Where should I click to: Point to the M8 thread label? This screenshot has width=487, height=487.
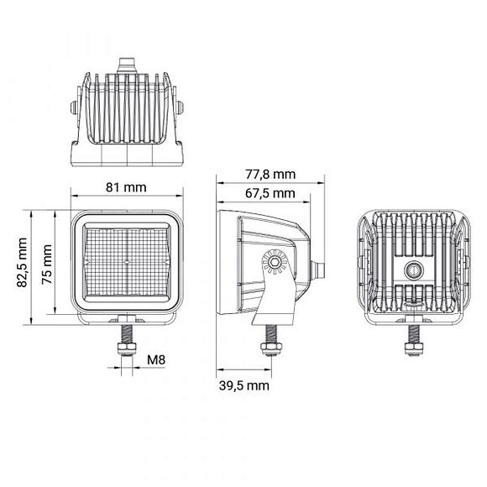[156, 360]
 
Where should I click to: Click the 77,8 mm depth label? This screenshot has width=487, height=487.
[270, 174]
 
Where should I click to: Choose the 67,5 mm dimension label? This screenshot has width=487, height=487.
[270, 193]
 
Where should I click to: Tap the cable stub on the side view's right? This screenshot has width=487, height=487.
[318, 270]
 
